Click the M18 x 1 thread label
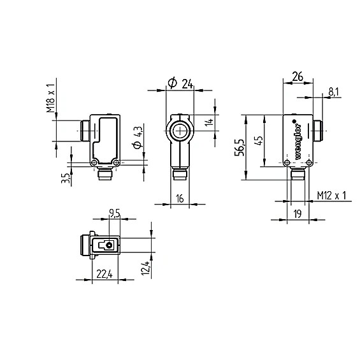pos(51,98)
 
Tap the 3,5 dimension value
pos(65,178)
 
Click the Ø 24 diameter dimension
pos(180,83)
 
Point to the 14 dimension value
pos(209,122)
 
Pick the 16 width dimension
pos(180,199)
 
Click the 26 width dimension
pos(298,76)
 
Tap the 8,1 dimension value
pos(333,92)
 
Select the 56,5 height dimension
pos(240,147)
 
